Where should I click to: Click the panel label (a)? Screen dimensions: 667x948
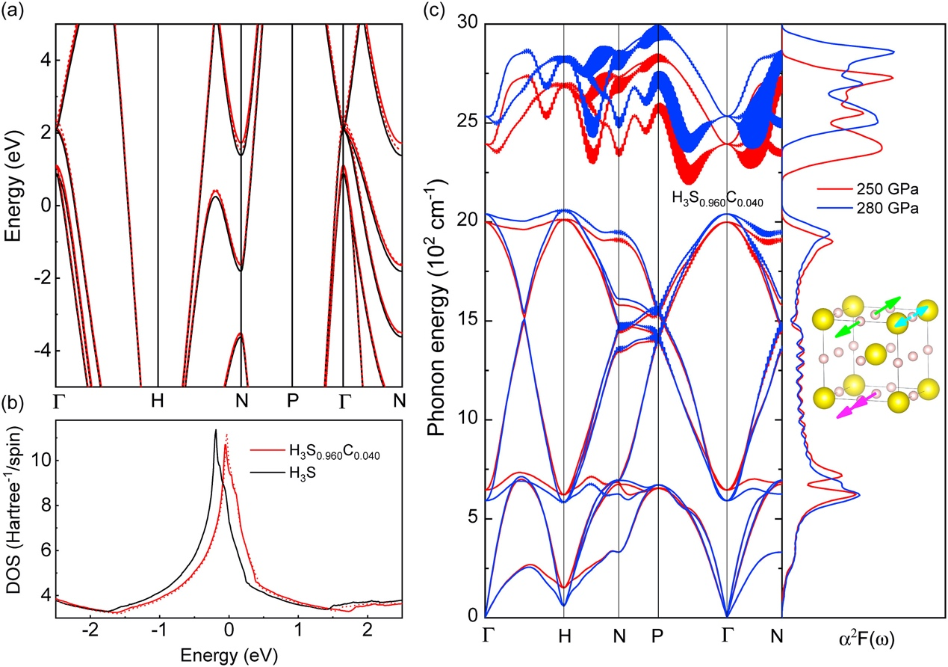(12, 10)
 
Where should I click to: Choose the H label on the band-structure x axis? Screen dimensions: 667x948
(157, 401)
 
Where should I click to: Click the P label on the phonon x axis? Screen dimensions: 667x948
(658, 636)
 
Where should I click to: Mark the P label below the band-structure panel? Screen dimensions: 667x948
(292, 401)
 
